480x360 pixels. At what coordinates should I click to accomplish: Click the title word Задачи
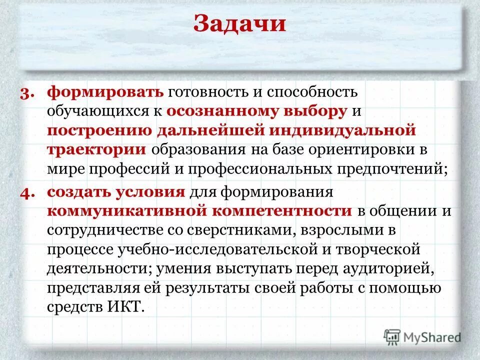pos(239,24)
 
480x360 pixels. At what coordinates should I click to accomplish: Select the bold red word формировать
pos(105,92)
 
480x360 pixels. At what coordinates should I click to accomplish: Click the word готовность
pos(210,92)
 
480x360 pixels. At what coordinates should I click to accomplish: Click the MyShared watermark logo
pos(422,336)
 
